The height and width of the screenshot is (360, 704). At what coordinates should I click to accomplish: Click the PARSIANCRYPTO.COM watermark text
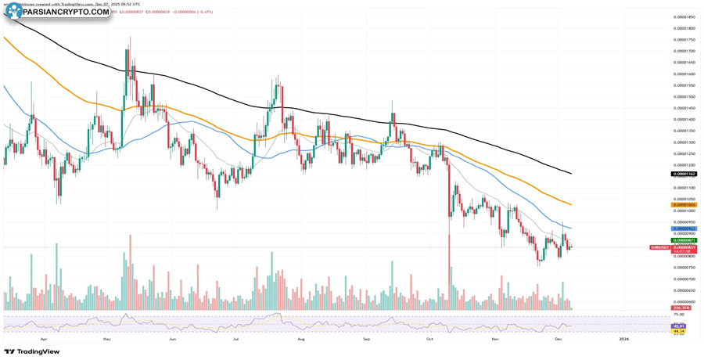[x=66, y=12]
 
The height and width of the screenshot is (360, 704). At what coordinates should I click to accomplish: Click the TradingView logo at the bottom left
[x=32, y=351]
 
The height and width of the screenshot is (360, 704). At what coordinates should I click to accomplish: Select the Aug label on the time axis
[x=300, y=340]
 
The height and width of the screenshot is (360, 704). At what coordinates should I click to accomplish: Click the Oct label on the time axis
[x=429, y=340]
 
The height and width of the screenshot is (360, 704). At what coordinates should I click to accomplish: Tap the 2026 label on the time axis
[x=623, y=340]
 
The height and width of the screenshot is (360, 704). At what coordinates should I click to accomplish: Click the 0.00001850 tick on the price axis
[x=684, y=16]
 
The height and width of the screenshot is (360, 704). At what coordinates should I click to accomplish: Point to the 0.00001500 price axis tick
[x=684, y=96]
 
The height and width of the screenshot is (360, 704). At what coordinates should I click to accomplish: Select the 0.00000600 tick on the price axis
[x=684, y=301]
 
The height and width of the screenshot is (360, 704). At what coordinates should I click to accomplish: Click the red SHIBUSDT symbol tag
[x=659, y=247]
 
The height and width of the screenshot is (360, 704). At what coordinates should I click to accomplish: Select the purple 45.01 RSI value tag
[x=679, y=326]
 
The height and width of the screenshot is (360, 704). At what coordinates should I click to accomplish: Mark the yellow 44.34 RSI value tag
[x=679, y=331]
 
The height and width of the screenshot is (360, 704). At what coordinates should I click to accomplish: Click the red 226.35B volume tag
[x=679, y=308]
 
